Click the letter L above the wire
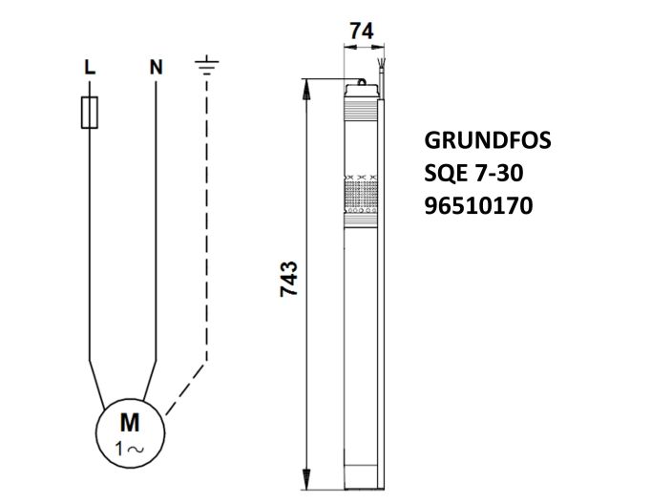click(x=90, y=68)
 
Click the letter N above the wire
click(x=156, y=68)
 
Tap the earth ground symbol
click(x=206, y=66)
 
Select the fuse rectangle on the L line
click(x=90, y=112)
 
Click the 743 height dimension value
click(x=289, y=280)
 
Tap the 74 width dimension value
click(x=361, y=31)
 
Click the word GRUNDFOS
click(x=487, y=140)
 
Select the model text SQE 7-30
click(x=473, y=173)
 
